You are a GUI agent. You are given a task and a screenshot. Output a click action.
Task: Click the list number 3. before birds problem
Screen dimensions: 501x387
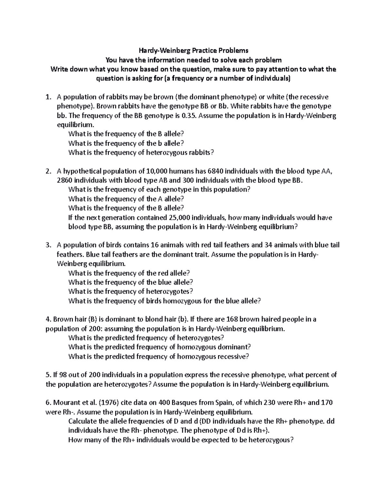pyautogui.click(x=48, y=245)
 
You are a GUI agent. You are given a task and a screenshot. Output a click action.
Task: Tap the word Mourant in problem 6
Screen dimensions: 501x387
pyautogui.click(x=65, y=403)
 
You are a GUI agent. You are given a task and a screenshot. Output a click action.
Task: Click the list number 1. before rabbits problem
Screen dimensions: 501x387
pyautogui.click(x=48, y=97)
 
